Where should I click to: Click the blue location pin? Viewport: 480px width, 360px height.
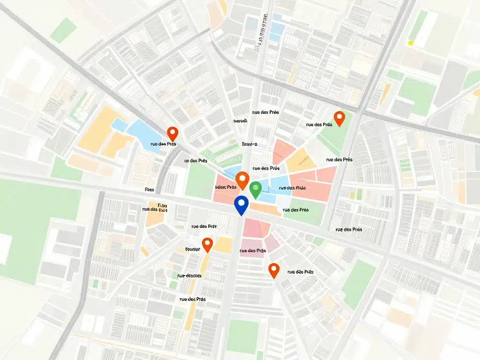tap(240, 205)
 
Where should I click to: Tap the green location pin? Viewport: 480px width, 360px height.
tap(255, 190)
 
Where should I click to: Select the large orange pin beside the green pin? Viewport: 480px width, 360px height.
tap(242, 180)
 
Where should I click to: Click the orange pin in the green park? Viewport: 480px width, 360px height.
tap(338, 118)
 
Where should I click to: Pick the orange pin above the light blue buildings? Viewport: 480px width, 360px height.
tap(172, 134)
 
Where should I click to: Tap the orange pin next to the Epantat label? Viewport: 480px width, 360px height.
tap(207, 244)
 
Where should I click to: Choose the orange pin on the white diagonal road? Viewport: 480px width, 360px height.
tap(274, 270)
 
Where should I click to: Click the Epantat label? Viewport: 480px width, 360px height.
tap(193, 249)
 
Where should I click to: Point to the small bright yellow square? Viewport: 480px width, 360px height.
tap(411, 43)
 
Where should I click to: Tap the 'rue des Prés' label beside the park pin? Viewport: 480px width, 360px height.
tap(319, 125)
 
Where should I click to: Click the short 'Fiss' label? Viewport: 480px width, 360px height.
tap(150, 190)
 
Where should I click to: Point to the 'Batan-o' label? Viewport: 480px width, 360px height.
tap(249, 144)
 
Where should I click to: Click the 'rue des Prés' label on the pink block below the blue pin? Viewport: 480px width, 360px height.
tap(253, 251)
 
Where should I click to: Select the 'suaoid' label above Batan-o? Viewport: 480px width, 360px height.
tap(240, 121)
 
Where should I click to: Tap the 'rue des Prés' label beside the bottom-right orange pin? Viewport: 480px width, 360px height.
tap(300, 271)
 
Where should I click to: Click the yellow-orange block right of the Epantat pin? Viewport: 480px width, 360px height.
tap(224, 245)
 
